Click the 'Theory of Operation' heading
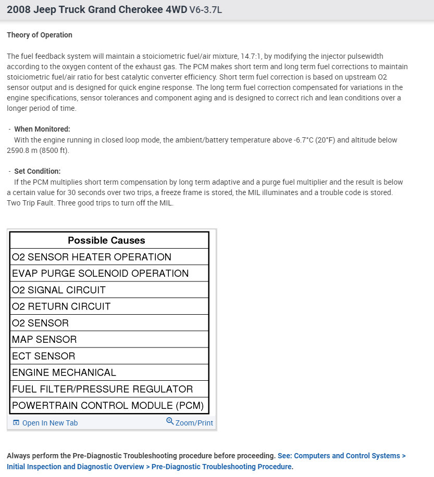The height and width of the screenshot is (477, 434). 40,35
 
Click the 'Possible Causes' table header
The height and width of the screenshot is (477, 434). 106,240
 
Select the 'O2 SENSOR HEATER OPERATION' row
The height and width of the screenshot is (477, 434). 92,257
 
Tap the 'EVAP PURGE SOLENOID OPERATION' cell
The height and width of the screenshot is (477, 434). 100,274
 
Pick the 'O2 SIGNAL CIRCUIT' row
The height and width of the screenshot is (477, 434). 59,290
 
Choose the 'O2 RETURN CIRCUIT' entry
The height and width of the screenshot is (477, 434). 61,306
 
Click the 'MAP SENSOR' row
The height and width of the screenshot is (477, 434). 44,340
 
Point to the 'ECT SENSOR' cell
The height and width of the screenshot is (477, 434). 44,356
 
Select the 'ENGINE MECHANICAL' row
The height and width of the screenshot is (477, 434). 64,372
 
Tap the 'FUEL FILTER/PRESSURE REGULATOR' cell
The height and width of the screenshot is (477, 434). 103,389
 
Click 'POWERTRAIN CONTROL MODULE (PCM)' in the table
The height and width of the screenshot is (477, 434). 108,406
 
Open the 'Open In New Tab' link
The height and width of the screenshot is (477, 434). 50,423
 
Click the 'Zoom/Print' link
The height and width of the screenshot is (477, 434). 194,423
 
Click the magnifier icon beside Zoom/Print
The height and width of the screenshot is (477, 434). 170,421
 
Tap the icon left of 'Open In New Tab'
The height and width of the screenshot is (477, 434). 16,423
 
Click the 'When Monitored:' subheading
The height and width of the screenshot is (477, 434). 42,129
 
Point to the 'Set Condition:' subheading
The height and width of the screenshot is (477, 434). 38,171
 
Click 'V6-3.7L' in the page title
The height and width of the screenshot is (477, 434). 205,10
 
